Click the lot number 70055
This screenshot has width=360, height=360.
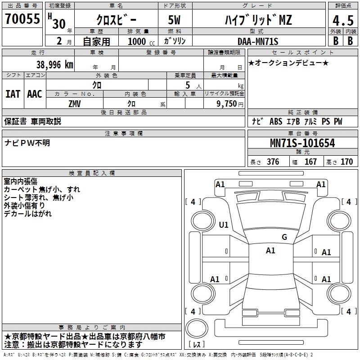pos(22,19)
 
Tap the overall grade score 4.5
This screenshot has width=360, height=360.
pos(342,21)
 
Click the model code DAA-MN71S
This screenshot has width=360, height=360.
pos(258,41)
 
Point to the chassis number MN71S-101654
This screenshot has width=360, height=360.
pos(302,143)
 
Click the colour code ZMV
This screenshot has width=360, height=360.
pos(75,103)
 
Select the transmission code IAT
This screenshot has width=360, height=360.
pos(13,94)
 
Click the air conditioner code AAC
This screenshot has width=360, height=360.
pos(35,94)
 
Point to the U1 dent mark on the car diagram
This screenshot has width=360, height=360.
pos(224,225)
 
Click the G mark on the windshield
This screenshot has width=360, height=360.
pos(284,237)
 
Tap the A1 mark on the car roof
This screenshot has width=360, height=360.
pos(270,251)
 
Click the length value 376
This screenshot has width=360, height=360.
pos(273,162)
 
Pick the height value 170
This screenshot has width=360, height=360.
pos(346,162)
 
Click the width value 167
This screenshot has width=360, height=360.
pos(310,162)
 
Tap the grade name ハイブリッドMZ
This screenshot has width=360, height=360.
pos(258,21)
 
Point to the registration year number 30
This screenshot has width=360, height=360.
pos(58,23)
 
